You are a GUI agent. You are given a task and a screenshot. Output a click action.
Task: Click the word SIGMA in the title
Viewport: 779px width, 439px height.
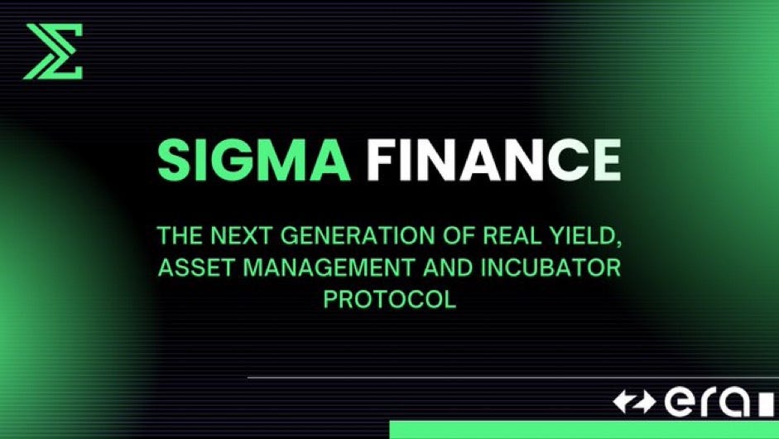[254, 160]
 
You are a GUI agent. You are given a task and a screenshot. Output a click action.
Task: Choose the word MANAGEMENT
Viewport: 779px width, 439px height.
[317, 270]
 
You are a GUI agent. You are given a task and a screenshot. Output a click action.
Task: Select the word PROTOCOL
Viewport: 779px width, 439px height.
[389, 298]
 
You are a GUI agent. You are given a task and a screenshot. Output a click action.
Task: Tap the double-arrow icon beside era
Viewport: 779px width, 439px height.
[634, 403]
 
